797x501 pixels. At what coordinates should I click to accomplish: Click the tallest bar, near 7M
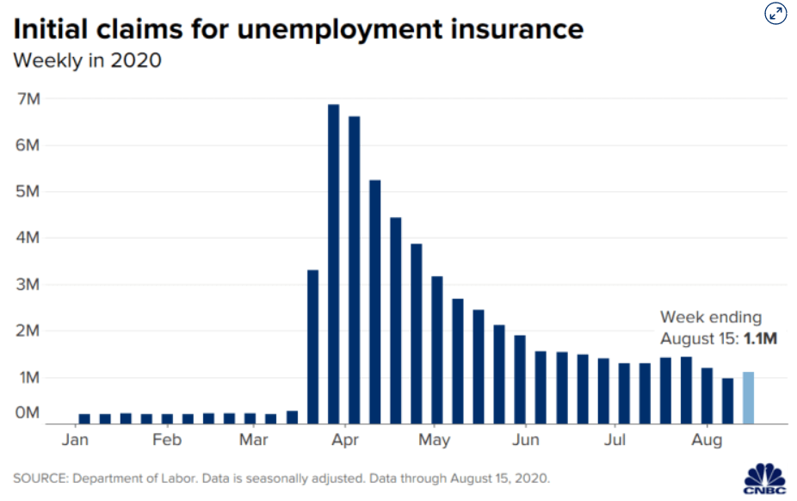point(333,263)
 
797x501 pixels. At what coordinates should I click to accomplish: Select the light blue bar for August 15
point(748,398)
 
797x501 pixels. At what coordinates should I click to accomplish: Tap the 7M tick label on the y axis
point(28,99)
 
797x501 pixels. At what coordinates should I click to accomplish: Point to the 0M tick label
point(28,412)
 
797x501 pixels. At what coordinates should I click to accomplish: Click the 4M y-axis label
point(28,238)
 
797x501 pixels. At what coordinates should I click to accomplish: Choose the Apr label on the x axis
point(345,440)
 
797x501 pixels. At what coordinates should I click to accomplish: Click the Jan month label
point(75,440)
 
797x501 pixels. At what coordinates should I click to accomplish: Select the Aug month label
point(707,440)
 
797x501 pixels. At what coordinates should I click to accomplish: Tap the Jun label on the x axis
point(526,440)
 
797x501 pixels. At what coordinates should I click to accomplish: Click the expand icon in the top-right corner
point(775,14)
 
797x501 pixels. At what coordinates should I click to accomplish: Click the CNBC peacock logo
point(765,479)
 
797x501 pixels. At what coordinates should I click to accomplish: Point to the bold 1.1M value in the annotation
point(760,338)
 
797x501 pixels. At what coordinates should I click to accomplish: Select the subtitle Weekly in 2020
point(88,60)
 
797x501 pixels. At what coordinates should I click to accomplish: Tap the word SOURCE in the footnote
point(40,479)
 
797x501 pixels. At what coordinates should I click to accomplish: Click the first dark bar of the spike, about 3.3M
point(313,347)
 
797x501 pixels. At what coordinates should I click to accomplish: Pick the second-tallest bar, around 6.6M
point(355,269)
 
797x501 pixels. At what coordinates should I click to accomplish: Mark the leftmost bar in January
point(84,418)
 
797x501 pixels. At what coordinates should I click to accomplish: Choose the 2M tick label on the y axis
point(28,331)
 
